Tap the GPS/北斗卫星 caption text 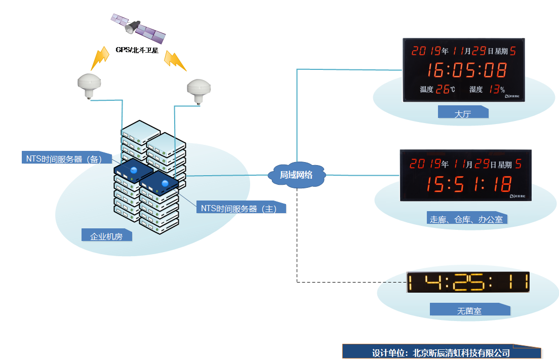[x=137, y=50]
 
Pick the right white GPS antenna [x=199, y=91]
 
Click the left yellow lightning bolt [x=100, y=58]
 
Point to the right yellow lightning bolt [x=175, y=60]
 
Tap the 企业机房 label [x=106, y=236]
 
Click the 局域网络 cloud [x=296, y=175]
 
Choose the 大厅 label [x=462, y=113]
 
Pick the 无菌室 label [x=469, y=311]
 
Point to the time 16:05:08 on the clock [x=466, y=70]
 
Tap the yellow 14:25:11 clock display [x=468, y=282]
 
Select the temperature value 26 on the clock [x=442, y=90]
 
